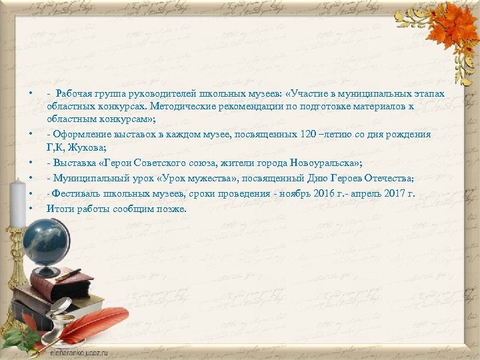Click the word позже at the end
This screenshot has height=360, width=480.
(172, 209)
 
